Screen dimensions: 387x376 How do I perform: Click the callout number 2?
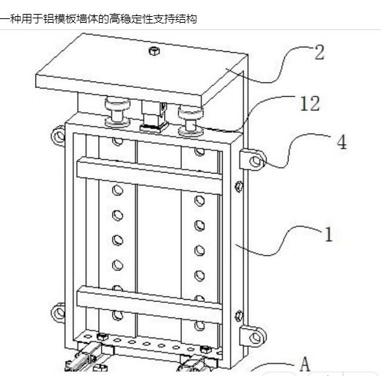click(x=319, y=52)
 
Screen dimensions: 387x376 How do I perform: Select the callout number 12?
click(x=310, y=103)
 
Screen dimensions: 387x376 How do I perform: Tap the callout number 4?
click(x=342, y=142)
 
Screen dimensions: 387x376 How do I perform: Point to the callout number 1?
click(x=329, y=234)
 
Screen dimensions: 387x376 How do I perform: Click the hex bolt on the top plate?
click(x=154, y=51)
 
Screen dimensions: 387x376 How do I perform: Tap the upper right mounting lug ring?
click(x=257, y=161)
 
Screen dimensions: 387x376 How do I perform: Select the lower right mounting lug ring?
click(x=257, y=337)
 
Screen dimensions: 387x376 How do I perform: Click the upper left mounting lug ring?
click(x=58, y=136)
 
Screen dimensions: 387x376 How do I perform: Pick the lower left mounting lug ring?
click(x=58, y=312)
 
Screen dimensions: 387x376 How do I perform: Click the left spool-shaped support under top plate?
click(x=117, y=112)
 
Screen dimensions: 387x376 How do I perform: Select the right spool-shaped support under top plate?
click(x=191, y=120)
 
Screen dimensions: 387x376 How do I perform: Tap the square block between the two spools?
click(x=154, y=116)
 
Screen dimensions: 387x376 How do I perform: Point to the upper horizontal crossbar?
click(x=150, y=175)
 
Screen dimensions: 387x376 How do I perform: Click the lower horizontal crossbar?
click(x=150, y=305)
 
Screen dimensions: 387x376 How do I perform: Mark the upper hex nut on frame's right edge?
click(x=239, y=186)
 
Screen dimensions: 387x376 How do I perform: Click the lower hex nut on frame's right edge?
click(x=239, y=316)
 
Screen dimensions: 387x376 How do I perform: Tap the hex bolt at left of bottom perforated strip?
click(x=103, y=336)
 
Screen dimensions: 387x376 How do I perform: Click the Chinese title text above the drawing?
click(x=98, y=19)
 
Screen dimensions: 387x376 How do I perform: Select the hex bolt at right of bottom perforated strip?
click(x=205, y=350)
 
